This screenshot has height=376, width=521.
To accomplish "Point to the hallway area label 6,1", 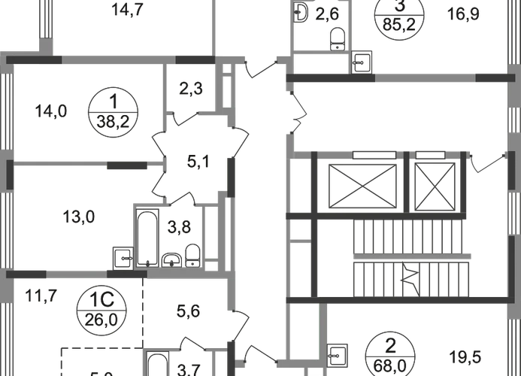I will [x=193, y=159].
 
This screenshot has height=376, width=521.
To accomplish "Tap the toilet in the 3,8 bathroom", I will [x=192, y=255].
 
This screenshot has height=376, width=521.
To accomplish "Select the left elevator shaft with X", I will [x=362, y=183].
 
